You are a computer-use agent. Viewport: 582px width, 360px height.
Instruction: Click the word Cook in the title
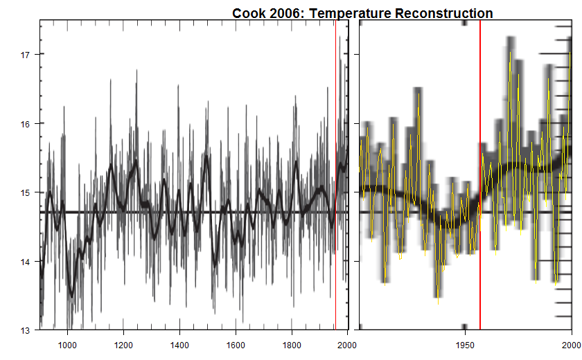(247, 13)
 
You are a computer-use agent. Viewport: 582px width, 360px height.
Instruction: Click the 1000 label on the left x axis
(67, 344)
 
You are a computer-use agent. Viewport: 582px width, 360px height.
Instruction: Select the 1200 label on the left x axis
(123, 344)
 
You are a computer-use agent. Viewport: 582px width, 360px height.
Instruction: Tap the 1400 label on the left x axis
(179, 344)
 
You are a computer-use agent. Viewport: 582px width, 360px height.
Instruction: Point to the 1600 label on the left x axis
(236, 344)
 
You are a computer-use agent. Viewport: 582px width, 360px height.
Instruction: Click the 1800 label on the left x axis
(292, 344)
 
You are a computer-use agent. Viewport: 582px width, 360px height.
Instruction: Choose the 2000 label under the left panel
(346, 344)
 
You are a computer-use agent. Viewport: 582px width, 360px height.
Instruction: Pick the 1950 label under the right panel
(464, 344)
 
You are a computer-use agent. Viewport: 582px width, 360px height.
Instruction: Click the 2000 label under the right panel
(571, 344)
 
